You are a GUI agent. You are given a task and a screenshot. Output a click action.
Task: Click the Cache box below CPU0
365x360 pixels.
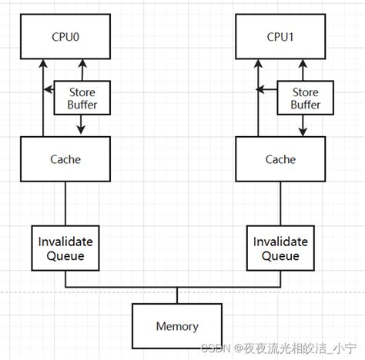(x=65, y=159)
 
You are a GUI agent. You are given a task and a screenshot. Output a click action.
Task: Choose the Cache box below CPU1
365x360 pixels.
(x=280, y=159)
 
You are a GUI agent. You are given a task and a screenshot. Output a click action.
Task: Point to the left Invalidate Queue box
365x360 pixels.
(x=65, y=248)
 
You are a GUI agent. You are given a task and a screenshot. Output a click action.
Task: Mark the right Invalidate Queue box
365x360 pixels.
(x=280, y=248)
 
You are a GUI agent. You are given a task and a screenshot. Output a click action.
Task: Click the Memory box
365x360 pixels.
(x=177, y=325)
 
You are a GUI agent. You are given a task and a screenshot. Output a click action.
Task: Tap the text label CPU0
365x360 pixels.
(x=65, y=35)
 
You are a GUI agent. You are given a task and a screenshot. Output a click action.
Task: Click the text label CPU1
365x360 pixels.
(x=280, y=35)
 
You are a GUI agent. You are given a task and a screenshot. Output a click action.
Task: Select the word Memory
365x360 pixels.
(x=177, y=326)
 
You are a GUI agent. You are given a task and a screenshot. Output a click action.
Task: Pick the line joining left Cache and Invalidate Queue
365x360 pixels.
(x=65, y=203)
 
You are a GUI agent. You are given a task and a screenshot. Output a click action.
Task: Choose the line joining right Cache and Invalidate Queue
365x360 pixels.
(x=280, y=203)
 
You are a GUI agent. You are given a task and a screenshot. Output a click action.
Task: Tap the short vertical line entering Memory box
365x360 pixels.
(x=177, y=295)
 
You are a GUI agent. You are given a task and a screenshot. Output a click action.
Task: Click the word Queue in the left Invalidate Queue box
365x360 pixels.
(x=65, y=255)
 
